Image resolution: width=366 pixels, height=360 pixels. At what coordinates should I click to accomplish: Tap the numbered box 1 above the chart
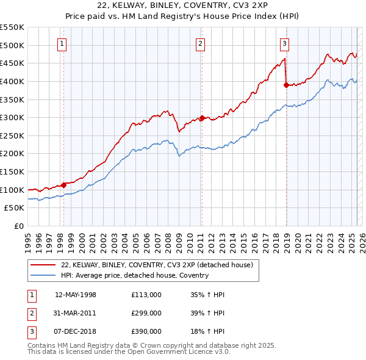click(x=63, y=43)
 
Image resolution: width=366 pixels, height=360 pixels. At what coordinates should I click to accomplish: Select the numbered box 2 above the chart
click(x=201, y=43)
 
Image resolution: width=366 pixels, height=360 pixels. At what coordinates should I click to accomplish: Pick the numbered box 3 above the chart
click(x=284, y=43)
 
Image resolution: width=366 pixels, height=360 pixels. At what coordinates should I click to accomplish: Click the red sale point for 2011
click(x=202, y=118)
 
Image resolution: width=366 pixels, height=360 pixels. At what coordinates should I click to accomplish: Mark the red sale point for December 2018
click(x=285, y=85)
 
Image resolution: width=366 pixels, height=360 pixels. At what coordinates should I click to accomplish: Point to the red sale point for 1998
click(x=63, y=185)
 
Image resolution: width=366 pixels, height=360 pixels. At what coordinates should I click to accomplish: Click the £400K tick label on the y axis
click(x=12, y=81)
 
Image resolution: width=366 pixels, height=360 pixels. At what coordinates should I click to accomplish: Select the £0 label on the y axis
click(x=19, y=226)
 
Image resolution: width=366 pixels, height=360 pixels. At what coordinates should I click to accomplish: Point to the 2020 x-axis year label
click(x=297, y=239)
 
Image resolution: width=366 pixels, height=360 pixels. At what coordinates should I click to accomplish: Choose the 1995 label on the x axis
click(x=27, y=239)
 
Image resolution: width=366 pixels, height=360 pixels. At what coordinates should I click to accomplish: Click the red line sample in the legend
click(x=43, y=265)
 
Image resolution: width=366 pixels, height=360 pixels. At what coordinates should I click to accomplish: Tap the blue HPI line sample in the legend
click(x=43, y=275)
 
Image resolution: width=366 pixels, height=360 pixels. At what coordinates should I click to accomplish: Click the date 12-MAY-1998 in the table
click(x=76, y=295)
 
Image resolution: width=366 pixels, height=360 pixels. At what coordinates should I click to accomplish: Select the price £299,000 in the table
click(x=146, y=313)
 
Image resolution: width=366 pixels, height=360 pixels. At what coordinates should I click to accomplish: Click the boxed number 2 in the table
click(x=30, y=313)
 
